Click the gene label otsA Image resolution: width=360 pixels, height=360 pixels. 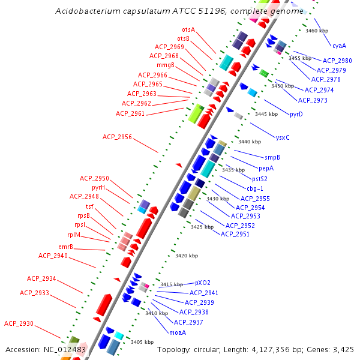[188, 29]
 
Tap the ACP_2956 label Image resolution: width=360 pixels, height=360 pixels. [117, 137]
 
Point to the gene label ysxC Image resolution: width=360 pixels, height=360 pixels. [282, 137]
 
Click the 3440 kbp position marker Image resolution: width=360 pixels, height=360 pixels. [250, 142]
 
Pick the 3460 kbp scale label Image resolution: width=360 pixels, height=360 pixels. [317, 30]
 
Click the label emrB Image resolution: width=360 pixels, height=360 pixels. [65, 247]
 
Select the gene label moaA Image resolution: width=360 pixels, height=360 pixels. [178, 332]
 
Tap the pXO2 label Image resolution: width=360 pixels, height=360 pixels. [203, 282]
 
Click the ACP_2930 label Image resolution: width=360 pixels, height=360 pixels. [19, 323]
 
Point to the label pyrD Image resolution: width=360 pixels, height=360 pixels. [296, 114]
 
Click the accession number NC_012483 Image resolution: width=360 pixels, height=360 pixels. [65, 349]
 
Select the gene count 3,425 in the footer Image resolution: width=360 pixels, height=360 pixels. [343, 349]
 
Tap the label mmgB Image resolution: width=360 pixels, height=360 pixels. [166, 65]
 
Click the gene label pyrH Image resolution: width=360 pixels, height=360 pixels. [98, 187]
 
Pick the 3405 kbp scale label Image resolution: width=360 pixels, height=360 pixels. [142, 342]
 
